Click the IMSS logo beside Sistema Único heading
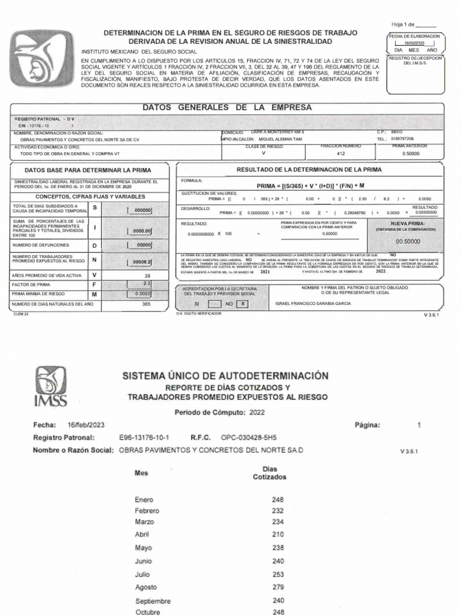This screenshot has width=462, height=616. click(x=51, y=387)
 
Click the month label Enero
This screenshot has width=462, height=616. click(x=144, y=499)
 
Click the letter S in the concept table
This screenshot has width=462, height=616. click(x=94, y=206)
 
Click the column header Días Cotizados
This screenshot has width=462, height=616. click(x=269, y=472)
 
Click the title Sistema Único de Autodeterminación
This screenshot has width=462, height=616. click(x=226, y=375)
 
